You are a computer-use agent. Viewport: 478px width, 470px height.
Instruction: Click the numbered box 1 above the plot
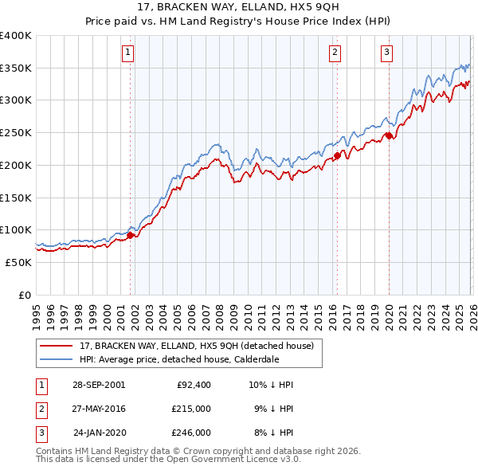tap(129, 53)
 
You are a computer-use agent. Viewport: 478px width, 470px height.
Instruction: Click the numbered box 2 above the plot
tap(335, 53)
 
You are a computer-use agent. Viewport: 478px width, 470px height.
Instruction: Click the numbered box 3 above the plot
tap(386, 53)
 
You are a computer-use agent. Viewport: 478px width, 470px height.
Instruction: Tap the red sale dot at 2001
tap(130, 235)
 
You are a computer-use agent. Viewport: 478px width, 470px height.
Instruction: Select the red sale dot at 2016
tap(337, 156)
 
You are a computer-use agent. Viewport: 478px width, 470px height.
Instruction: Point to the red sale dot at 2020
tap(389, 136)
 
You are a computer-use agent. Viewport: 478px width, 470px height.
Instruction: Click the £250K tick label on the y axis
tap(15, 133)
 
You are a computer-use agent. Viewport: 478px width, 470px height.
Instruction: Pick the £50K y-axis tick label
tap(18, 262)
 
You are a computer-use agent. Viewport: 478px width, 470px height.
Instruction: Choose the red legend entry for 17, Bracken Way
tap(198, 346)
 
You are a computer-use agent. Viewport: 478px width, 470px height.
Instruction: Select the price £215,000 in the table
tap(191, 409)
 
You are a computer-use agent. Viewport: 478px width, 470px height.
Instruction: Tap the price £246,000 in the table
tap(191, 433)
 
